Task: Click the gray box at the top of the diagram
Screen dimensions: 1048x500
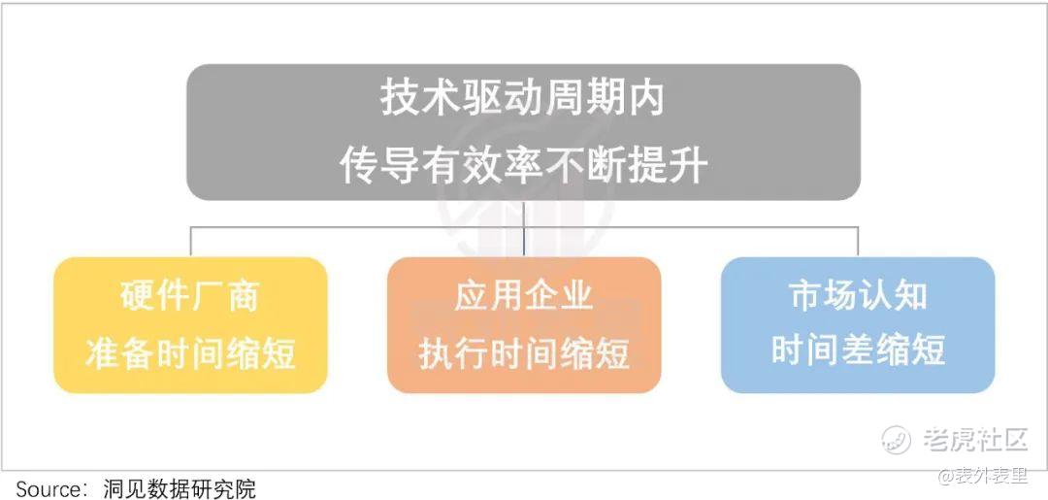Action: point(523,132)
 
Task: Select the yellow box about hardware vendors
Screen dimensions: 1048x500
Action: point(190,325)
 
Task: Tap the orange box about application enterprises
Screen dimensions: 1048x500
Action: point(524,325)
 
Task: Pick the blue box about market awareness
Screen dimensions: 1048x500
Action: point(858,325)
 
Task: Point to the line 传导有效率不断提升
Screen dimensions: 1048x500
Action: point(523,165)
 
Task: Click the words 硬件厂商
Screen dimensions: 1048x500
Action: point(190,295)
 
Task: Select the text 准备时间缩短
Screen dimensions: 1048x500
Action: point(190,353)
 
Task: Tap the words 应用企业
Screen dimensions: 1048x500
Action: point(524,295)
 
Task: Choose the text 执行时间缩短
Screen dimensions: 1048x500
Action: point(524,353)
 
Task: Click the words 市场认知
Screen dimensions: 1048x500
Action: point(858,295)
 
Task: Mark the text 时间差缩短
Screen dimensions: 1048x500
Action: point(858,350)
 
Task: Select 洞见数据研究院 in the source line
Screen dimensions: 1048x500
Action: point(180,488)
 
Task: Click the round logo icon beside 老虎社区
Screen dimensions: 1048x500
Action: point(897,439)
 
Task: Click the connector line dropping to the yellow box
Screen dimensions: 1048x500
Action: point(190,242)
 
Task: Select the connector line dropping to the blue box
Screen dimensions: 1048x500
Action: point(858,242)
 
